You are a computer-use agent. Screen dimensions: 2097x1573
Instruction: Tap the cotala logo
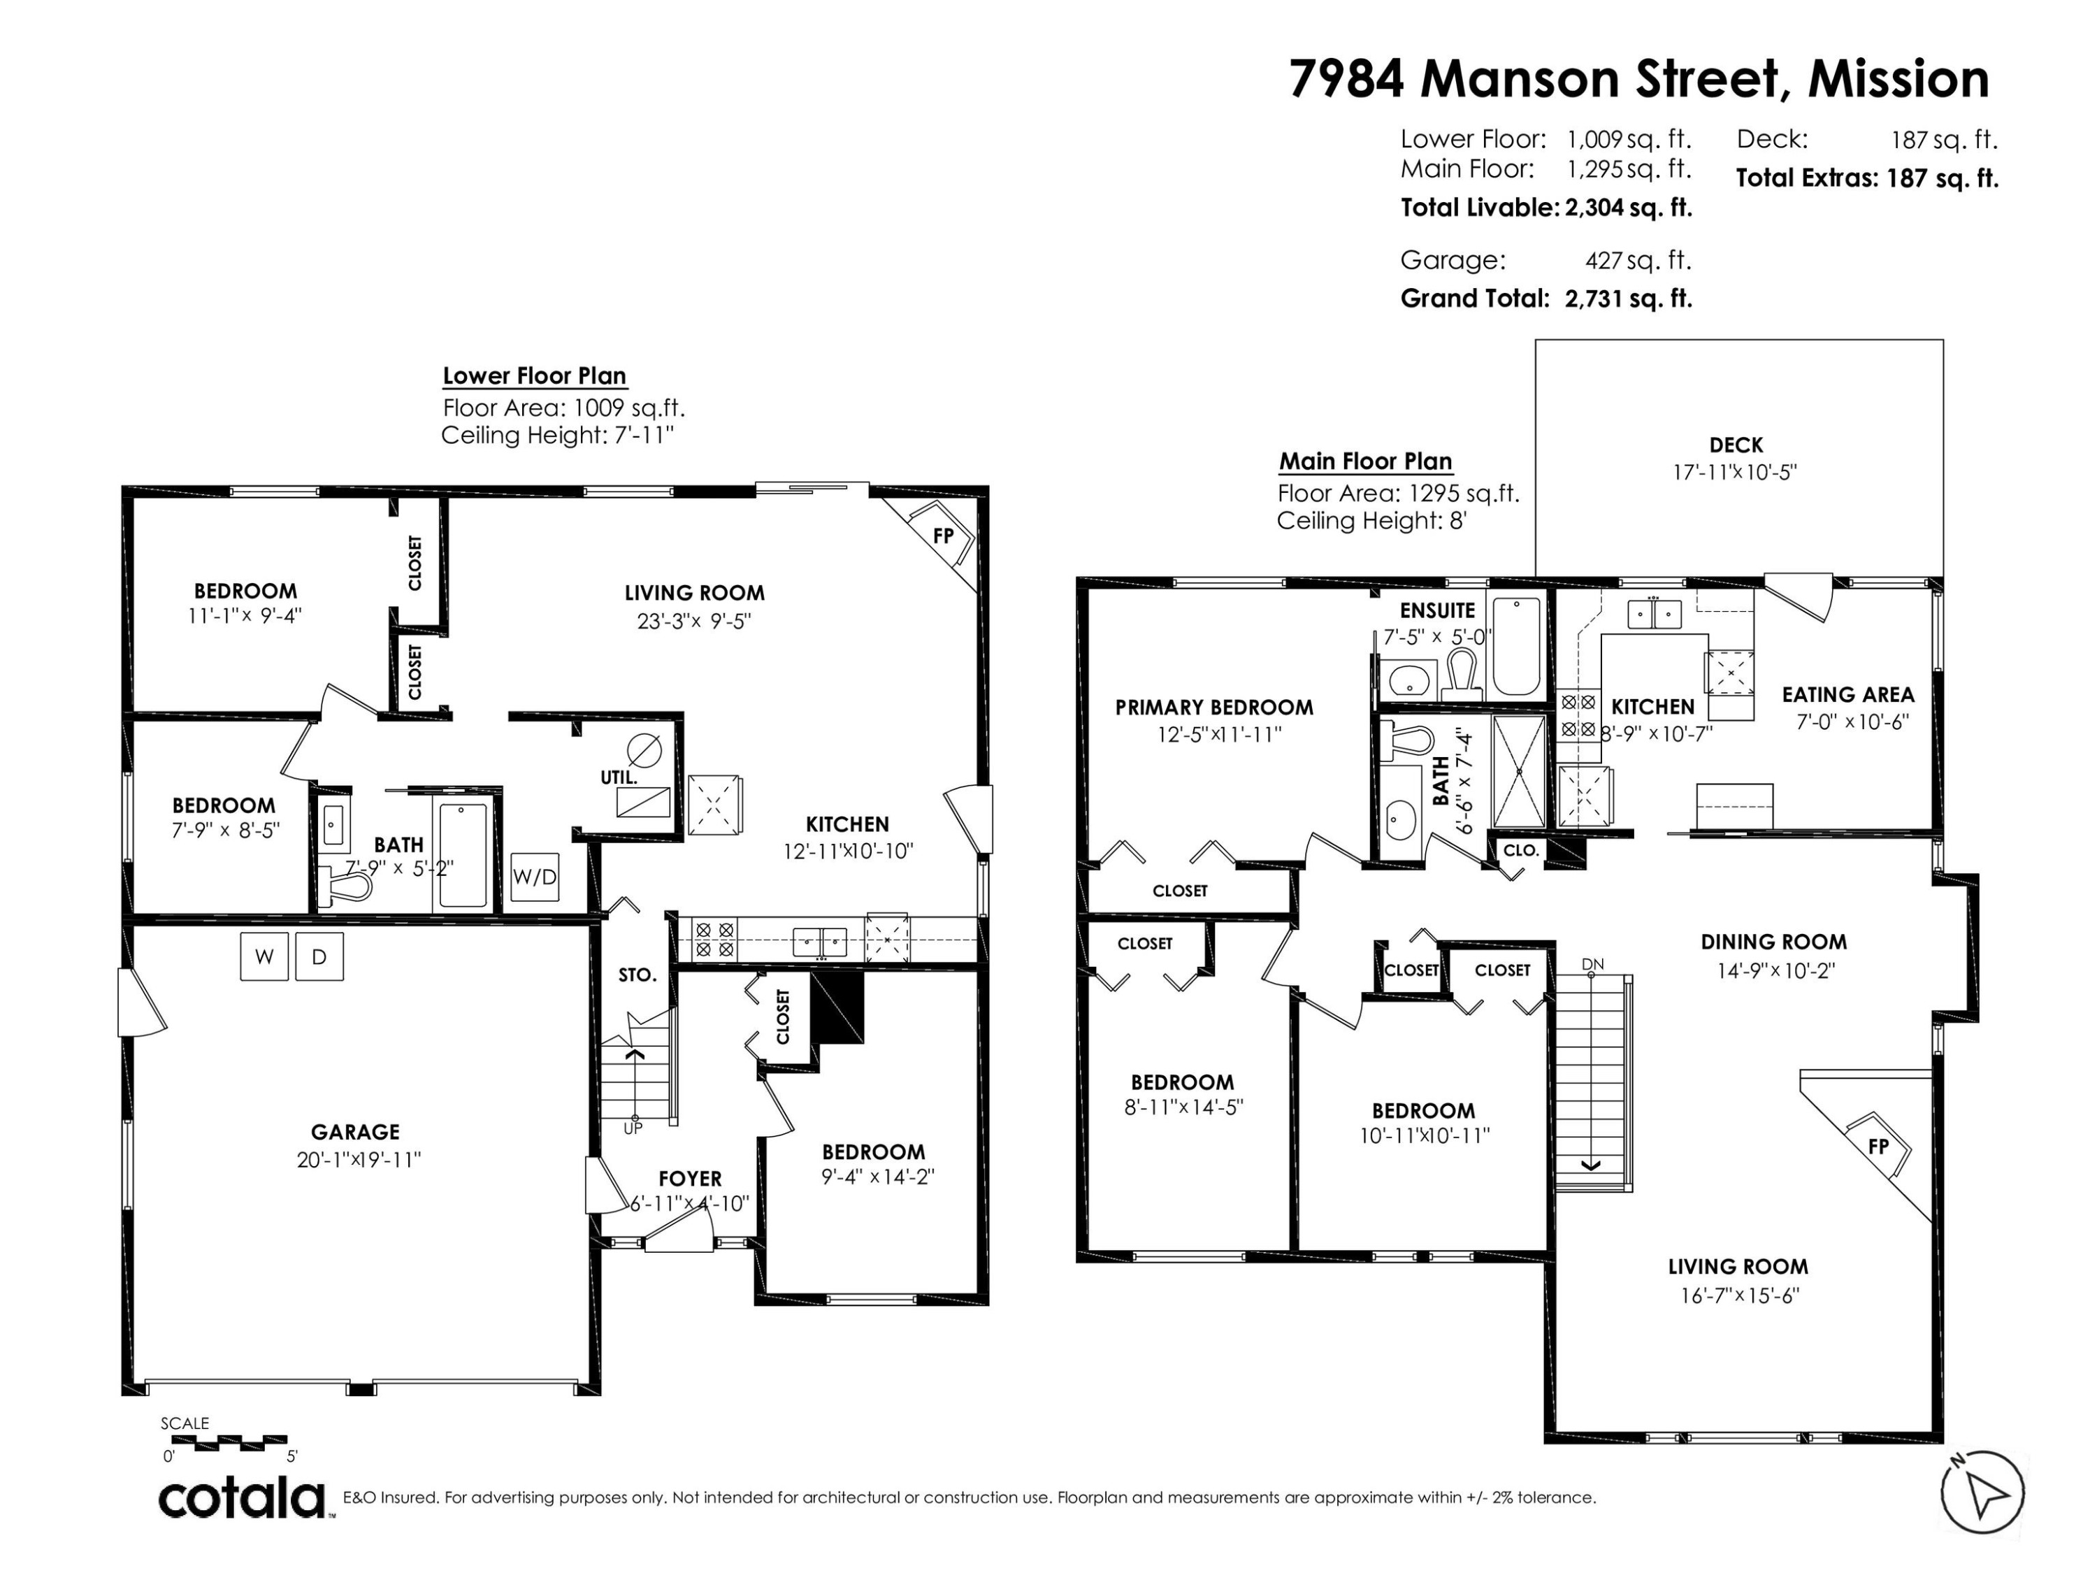pyautogui.click(x=242, y=1499)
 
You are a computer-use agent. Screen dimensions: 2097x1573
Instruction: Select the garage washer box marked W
pyautogui.click(x=264, y=956)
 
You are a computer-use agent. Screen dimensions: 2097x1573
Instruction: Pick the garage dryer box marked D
pyautogui.click(x=319, y=956)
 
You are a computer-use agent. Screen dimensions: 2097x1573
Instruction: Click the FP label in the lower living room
pyautogui.click(x=943, y=536)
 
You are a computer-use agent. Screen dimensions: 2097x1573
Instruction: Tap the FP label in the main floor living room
pyautogui.click(x=1878, y=1147)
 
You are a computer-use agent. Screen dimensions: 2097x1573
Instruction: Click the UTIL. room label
pyautogui.click(x=619, y=777)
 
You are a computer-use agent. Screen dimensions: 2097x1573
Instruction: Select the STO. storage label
pyautogui.click(x=637, y=975)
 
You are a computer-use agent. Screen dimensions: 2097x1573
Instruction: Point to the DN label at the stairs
pyautogui.click(x=1592, y=964)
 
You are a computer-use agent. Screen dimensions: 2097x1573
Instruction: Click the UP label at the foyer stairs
pyautogui.click(x=633, y=1128)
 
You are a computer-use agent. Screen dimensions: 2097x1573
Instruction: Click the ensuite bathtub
pyautogui.click(x=1516, y=646)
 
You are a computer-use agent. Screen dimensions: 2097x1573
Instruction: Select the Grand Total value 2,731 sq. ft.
pyautogui.click(x=1628, y=299)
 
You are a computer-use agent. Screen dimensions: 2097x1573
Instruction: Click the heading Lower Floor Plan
pyautogui.click(x=535, y=375)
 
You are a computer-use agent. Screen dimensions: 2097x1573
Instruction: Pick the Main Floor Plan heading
pyautogui.click(x=1365, y=461)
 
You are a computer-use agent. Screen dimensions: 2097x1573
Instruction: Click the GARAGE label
pyautogui.click(x=356, y=1131)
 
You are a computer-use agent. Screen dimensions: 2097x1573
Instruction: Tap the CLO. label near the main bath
pyautogui.click(x=1520, y=851)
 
